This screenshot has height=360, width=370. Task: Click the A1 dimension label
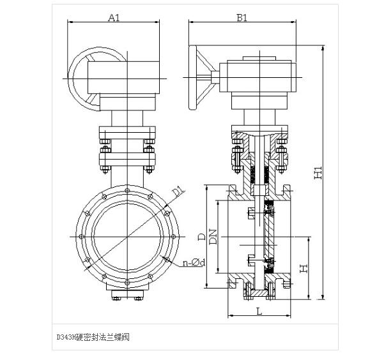[114, 17]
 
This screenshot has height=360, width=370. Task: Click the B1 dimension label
[242, 17]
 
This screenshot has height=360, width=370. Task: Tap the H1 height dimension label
[318, 172]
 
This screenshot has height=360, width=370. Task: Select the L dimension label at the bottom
[259, 311]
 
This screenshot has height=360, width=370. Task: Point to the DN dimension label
[213, 236]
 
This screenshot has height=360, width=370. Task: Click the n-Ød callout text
[194, 262]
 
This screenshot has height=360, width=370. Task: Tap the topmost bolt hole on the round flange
[127, 190]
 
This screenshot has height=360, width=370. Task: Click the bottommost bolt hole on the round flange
[127, 282]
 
